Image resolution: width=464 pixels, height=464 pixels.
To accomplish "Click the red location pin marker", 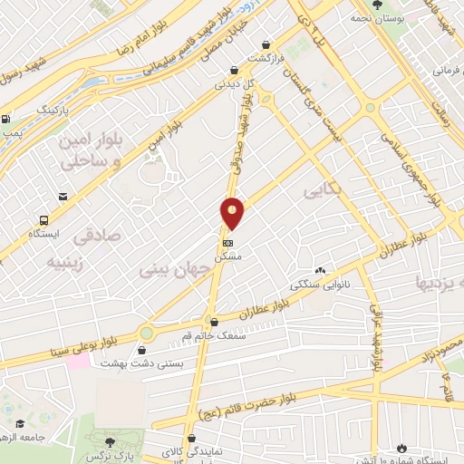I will tap(233, 212).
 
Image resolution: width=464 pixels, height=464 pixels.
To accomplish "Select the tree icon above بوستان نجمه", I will tap(377, 6).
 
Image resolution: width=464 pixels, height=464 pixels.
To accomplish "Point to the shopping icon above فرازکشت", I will tap(265, 43).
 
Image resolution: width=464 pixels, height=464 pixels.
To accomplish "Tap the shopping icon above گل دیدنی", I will tap(235, 70).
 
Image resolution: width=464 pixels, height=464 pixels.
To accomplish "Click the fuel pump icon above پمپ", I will tap(7, 119).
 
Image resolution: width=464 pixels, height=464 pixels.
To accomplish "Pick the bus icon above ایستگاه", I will tap(43, 220).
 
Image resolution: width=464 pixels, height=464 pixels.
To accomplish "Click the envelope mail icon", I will tap(63, 196).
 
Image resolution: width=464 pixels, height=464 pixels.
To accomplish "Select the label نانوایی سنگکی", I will tap(320, 284).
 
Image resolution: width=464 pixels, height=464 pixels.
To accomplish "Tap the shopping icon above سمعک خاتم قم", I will tap(214, 321).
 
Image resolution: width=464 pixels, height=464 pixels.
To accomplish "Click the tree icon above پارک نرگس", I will tap(111, 441).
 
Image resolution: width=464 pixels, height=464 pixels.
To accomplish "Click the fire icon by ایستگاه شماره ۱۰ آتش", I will tap(402, 448).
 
